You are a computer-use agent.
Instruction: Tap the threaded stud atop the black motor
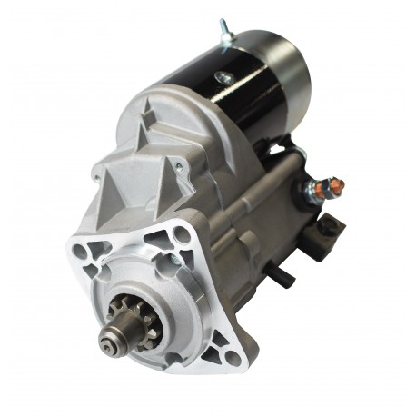click(x=223, y=30)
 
